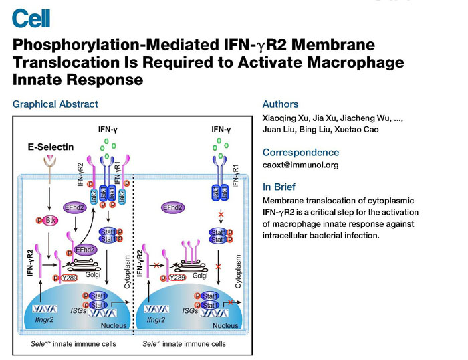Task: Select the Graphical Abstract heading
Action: (55, 104)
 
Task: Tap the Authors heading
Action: (281, 104)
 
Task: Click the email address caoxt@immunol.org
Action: (301, 165)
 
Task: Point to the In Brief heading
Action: (279, 187)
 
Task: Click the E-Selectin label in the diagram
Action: (50, 147)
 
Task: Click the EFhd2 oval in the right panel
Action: (173, 207)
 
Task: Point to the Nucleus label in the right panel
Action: (225, 325)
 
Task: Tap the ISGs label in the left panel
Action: (78, 311)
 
